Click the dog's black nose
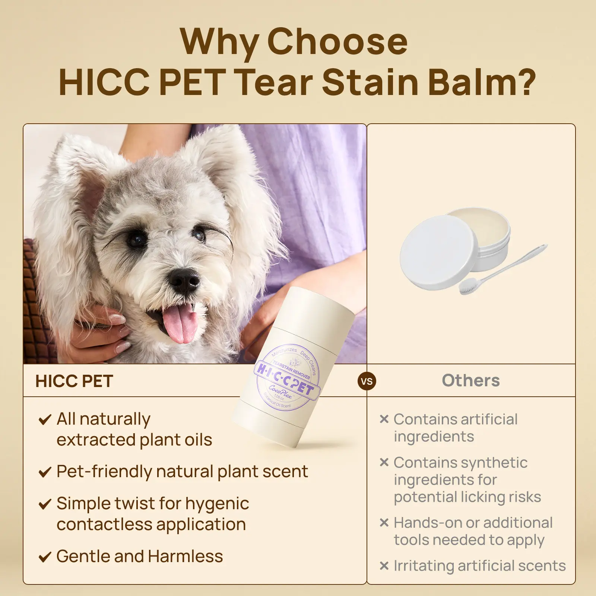pyautogui.click(x=183, y=280)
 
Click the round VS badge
pyautogui.click(x=367, y=381)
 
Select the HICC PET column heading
pyautogui.click(x=74, y=381)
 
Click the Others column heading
pyautogui.click(x=471, y=380)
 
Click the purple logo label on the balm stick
pyautogui.click(x=288, y=377)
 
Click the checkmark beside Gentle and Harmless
pyautogui.click(x=45, y=557)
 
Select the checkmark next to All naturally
pyautogui.click(x=45, y=420)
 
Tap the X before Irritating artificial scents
pyautogui.click(x=384, y=566)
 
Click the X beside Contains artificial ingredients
pyautogui.click(x=384, y=419)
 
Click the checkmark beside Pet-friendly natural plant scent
pyautogui.click(x=45, y=472)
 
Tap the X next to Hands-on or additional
pyautogui.click(x=384, y=523)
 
